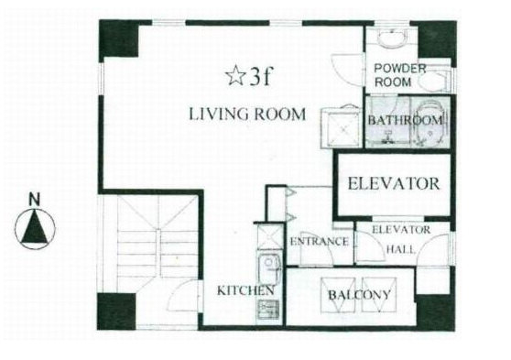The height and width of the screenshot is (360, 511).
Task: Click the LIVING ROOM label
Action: click(x=247, y=115)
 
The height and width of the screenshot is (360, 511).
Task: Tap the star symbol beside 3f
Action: click(x=235, y=76)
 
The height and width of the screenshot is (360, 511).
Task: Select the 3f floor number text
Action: click(x=260, y=77)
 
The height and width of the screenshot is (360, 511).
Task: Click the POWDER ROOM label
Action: click(x=399, y=75)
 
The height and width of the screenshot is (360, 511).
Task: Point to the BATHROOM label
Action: click(x=406, y=120)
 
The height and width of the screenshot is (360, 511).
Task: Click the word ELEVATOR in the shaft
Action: click(x=394, y=183)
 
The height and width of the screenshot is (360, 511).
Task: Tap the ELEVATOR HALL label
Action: click(x=401, y=240)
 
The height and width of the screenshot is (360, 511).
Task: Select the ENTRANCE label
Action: click(x=319, y=242)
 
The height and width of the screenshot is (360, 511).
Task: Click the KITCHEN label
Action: click(x=245, y=290)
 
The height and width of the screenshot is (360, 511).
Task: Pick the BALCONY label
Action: click(x=359, y=295)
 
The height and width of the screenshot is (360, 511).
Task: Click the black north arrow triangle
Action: click(x=34, y=226)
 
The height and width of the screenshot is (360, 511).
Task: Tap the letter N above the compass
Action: click(x=34, y=200)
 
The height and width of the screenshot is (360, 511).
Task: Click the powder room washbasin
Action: click(x=392, y=38)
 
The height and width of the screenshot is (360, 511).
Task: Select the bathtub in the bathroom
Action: click(x=429, y=123)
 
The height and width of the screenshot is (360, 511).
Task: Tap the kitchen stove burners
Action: click(x=269, y=310)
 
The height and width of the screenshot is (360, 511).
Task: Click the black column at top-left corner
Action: click(x=119, y=38)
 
